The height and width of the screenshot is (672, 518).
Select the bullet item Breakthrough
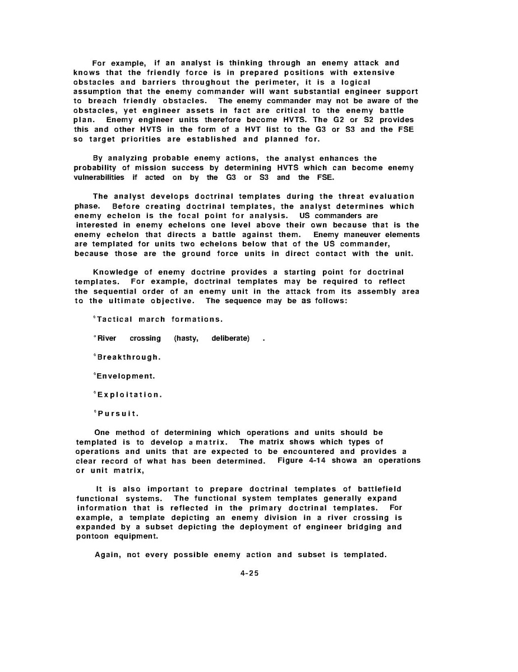point(129,357)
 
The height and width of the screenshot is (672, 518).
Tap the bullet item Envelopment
point(126,376)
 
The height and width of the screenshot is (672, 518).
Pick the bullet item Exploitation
point(129,395)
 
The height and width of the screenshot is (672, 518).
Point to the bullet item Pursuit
point(118,414)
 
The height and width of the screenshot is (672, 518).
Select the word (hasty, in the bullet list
point(186,339)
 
